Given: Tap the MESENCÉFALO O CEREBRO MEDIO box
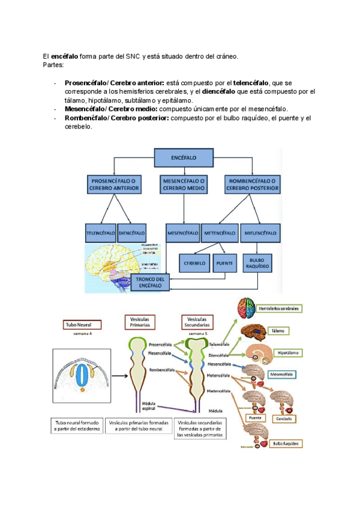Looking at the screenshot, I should coord(184,184).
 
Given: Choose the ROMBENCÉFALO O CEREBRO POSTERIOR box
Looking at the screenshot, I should coord(252,184).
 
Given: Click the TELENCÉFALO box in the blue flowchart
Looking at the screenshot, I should coord(101,232).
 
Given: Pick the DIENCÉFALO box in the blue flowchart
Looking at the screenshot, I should coord(132,232).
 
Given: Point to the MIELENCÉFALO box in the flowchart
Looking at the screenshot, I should coord(260,232).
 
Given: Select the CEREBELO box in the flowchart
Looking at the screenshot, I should coord(196,262).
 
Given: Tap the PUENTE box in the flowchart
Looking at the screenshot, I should coord(224,262).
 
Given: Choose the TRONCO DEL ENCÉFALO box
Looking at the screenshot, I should coord(150,283).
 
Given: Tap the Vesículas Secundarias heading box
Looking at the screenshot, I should coord(197,322).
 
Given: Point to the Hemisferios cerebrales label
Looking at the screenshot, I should coord(278,309).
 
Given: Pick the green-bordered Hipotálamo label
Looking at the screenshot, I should coord(288,352).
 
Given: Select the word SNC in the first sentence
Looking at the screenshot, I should coord(133,56).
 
